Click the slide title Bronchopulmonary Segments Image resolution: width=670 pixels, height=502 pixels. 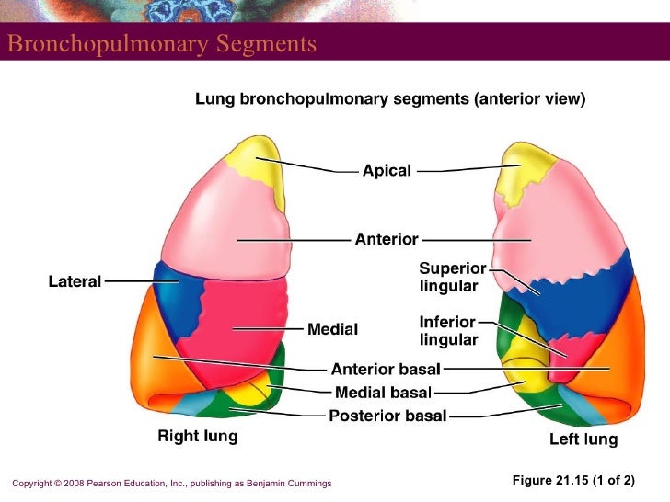point(162,44)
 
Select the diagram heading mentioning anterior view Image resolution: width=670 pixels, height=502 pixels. point(389,99)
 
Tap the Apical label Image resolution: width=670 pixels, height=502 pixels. point(387,171)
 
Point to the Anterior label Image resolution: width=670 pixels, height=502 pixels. point(387,240)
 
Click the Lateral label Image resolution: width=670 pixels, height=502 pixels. point(75,281)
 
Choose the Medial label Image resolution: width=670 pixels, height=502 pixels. point(332,328)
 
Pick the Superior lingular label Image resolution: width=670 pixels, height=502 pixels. point(452,277)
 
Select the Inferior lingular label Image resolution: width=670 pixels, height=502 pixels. point(448,331)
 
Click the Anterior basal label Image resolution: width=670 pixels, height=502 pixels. point(386,370)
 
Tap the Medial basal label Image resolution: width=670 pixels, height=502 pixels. point(383,393)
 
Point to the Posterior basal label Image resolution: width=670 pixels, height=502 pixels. point(387,416)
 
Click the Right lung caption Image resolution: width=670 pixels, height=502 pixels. point(198,437)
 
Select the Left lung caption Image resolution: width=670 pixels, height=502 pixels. point(583,439)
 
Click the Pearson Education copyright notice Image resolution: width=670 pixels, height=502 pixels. point(172,483)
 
